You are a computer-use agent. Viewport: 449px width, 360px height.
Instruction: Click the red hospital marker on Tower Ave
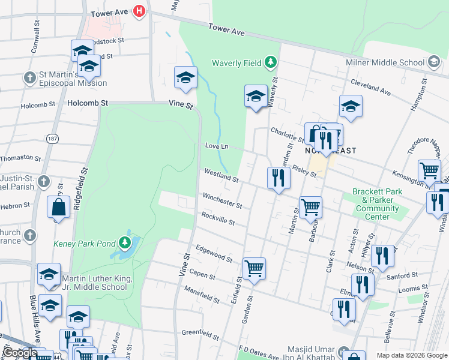[140, 11]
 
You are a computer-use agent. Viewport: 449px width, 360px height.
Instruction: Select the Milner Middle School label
[385, 62]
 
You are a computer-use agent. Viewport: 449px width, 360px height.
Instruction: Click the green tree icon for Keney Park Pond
[125, 242]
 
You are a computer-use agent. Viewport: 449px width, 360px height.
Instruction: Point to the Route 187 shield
[52, 139]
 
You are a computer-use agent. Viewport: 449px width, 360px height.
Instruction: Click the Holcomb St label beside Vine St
[88, 103]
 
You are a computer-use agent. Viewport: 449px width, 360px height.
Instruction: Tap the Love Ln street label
[217, 146]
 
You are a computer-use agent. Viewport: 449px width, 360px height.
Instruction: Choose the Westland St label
[221, 176]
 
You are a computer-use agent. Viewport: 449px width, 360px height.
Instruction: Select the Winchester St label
[222, 200]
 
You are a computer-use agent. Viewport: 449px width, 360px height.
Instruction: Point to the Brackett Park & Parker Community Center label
[376, 205]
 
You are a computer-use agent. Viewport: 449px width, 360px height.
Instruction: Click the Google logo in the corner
[20, 353]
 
